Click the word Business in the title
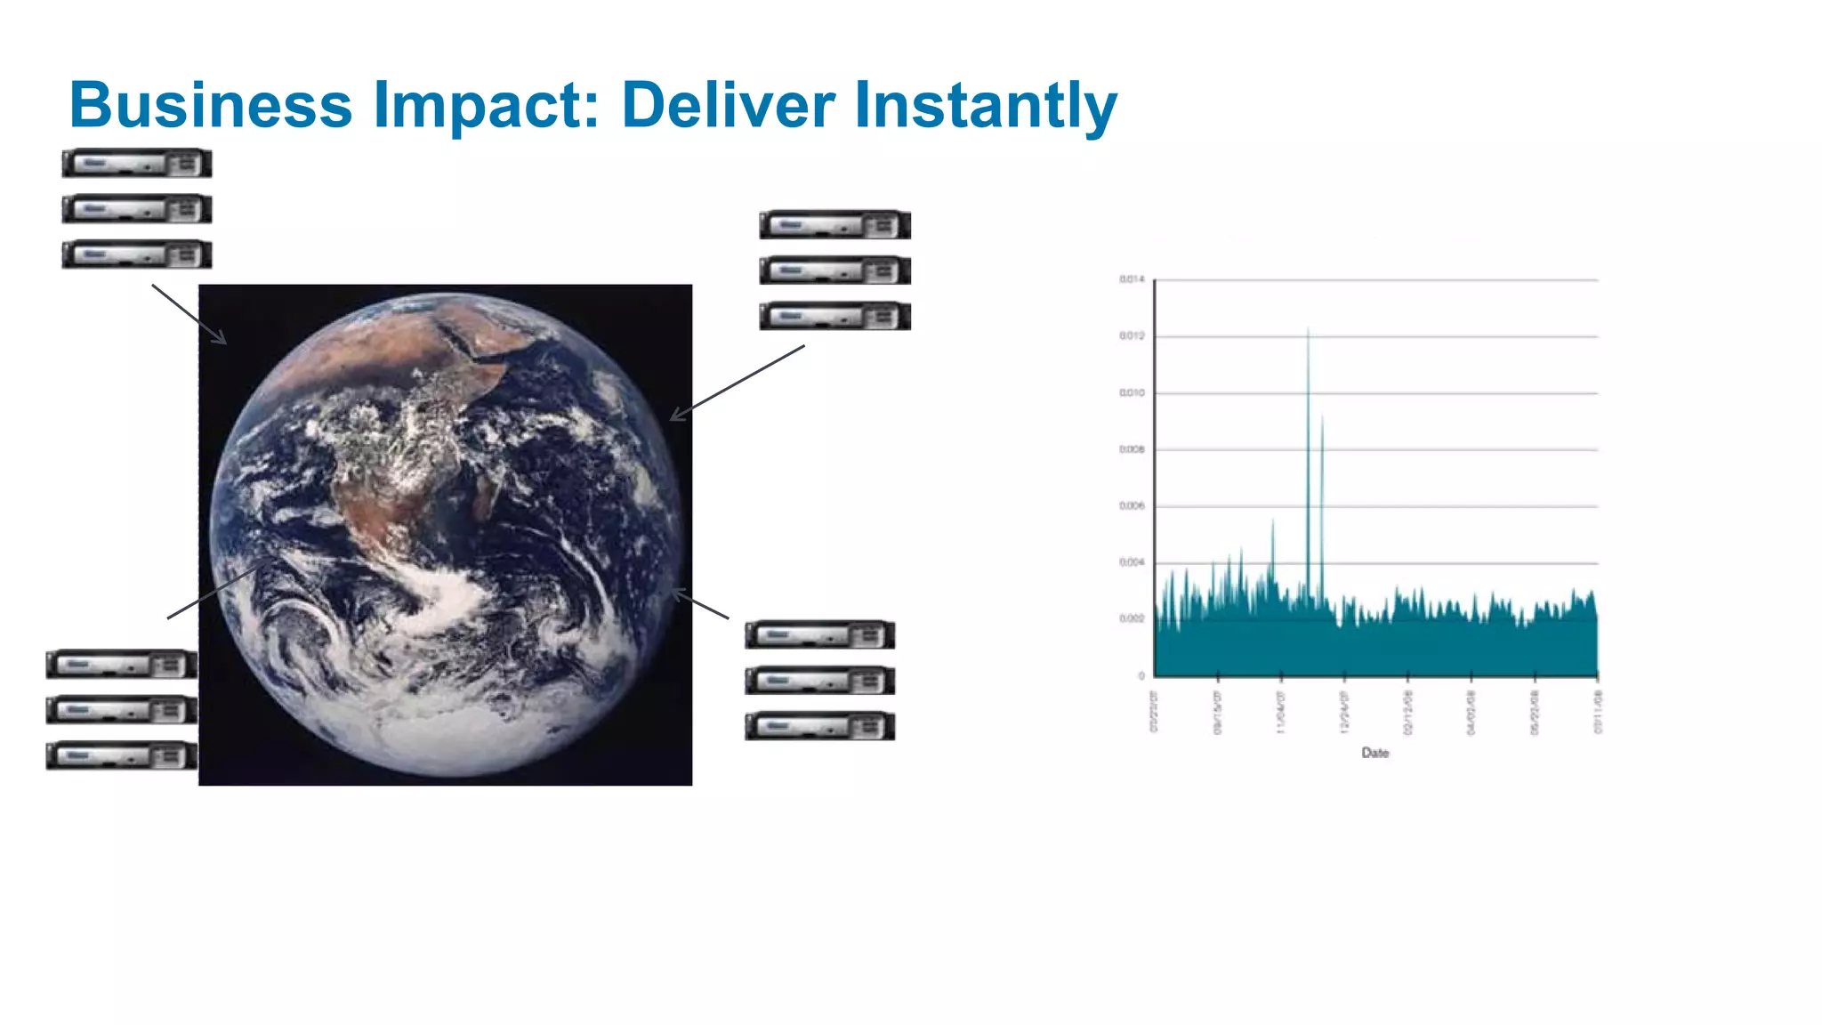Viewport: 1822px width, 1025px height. (x=211, y=105)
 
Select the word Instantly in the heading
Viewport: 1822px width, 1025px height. (x=986, y=105)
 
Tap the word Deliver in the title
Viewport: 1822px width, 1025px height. (x=728, y=105)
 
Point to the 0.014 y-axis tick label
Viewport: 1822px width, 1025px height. (x=1132, y=279)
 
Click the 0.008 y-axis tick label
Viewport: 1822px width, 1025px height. (x=1132, y=449)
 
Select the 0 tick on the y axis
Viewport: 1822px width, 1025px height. (x=1141, y=675)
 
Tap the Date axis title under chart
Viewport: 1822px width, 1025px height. (x=1375, y=753)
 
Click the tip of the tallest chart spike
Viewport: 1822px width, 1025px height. (x=1308, y=330)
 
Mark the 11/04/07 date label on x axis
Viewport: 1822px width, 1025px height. (x=1281, y=712)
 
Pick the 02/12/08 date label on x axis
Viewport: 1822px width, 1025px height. (x=1407, y=712)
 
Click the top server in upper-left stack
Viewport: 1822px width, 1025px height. (x=136, y=164)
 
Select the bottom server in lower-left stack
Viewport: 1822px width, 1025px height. (x=121, y=756)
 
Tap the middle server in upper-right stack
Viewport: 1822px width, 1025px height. (x=834, y=270)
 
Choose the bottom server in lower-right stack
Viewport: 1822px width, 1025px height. (x=819, y=726)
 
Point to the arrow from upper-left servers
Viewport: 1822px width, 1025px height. (x=189, y=314)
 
